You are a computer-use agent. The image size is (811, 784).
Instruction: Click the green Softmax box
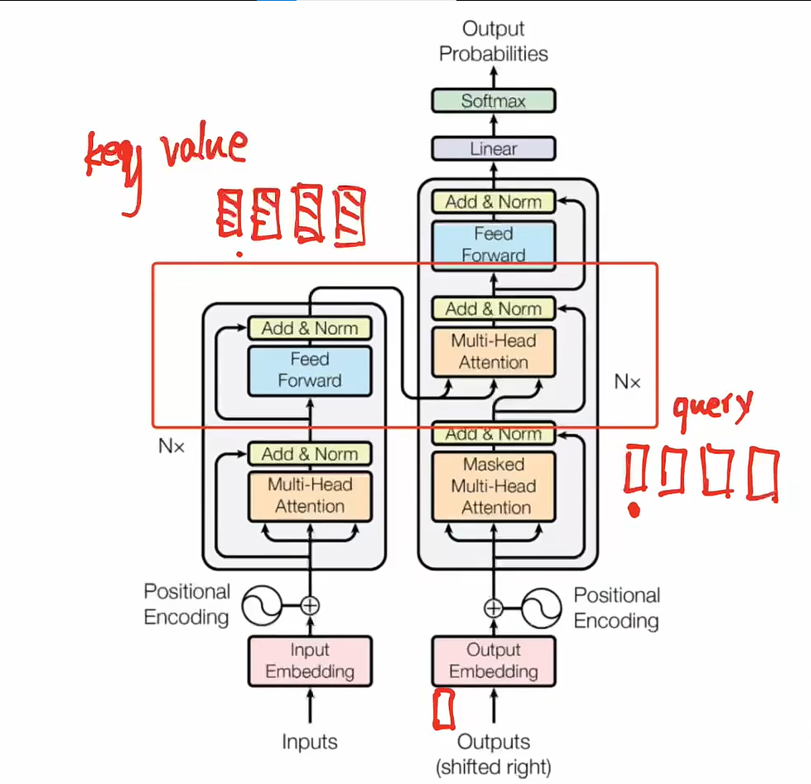tap(494, 101)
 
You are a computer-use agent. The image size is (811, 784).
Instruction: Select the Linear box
tap(494, 149)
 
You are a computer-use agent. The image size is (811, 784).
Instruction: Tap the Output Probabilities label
tap(494, 41)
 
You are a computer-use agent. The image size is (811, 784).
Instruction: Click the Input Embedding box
tap(310, 661)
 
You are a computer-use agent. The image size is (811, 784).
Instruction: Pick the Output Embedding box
tap(494, 661)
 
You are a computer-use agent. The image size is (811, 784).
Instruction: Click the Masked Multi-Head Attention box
tap(494, 486)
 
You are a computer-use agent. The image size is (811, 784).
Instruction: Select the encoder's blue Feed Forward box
tap(310, 370)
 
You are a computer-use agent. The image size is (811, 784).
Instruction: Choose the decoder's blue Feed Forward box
tap(494, 244)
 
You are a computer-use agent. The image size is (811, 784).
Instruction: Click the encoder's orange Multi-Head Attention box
tap(310, 496)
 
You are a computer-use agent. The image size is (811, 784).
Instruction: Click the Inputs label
tap(310, 742)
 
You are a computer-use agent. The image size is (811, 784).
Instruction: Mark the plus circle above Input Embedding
tap(310, 605)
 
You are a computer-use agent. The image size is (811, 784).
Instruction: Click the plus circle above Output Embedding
tap(494, 608)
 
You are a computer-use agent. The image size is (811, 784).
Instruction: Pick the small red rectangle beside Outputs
tap(445, 709)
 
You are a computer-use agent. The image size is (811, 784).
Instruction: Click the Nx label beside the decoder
tap(627, 382)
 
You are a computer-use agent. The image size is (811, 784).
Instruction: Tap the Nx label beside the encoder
tap(171, 446)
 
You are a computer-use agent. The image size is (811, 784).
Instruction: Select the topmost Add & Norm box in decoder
tap(494, 201)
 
